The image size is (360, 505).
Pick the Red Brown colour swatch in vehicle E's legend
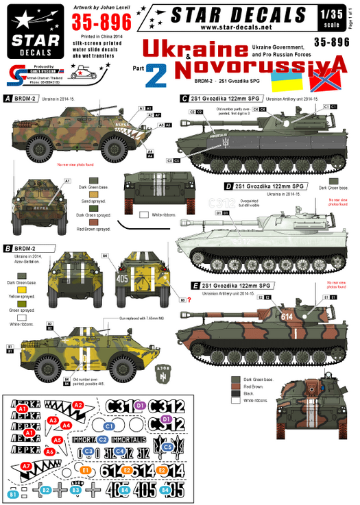click(x=236, y=387)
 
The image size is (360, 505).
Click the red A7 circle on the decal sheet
click(x=26, y=466)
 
